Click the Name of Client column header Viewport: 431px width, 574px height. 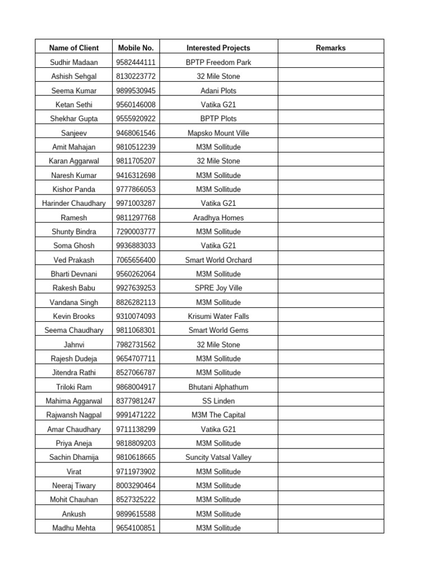tap(74, 48)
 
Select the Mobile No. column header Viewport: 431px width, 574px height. tap(136, 48)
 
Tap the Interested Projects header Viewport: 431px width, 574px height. tap(218, 48)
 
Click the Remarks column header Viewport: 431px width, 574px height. tap(331, 48)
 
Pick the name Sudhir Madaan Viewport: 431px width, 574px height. tap(74, 62)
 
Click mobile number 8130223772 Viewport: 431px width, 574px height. tap(136, 76)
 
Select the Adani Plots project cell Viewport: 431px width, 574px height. tap(218, 90)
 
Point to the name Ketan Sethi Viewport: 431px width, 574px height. tap(74, 104)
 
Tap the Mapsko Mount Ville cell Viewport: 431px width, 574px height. tap(218, 133)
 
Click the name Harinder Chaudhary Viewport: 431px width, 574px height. tap(74, 203)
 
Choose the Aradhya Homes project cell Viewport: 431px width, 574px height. tap(218, 217)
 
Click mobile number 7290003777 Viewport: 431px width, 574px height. tap(136, 232)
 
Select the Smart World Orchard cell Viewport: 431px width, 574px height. tap(218, 260)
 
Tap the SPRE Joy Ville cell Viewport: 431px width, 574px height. tap(218, 288)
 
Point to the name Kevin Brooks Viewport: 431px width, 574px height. tap(74, 316)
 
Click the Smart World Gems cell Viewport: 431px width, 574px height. tap(218, 330)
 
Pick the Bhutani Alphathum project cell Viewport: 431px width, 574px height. tap(218, 387)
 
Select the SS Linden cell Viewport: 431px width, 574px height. tap(218, 401)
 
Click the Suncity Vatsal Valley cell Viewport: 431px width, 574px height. tap(218, 457)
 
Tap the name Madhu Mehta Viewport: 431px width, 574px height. tap(74, 528)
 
